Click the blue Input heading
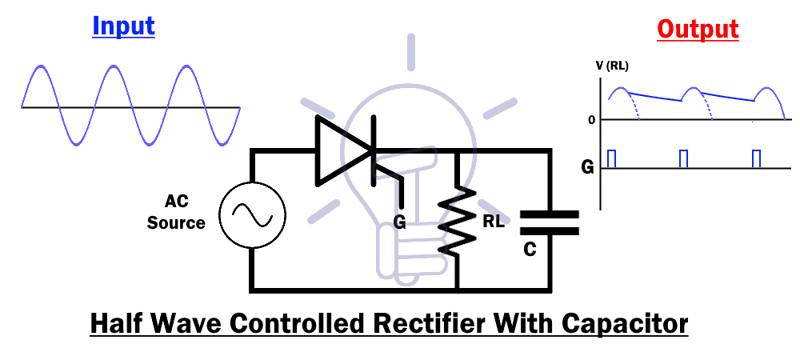[123, 26]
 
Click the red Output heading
[698, 30]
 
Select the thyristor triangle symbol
[345, 150]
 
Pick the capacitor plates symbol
[549, 222]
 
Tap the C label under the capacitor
[530, 250]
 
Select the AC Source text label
[176, 213]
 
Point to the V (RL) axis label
[612, 66]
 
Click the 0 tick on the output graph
[591, 120]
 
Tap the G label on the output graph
[588, 168]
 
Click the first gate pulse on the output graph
[612, 158]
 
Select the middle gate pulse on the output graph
[683, 158]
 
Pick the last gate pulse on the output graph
[756, 158]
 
